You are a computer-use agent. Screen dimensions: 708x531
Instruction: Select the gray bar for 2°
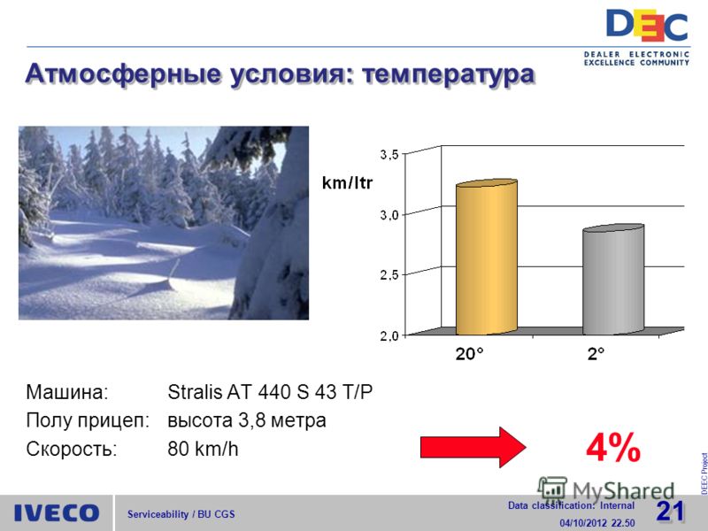(x=613, y=280)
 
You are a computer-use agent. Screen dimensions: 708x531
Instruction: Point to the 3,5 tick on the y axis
(x=389, y=155)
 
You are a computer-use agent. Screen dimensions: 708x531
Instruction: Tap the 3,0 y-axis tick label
(x=389, y=215)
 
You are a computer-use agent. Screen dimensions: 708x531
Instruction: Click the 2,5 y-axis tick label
(x=389, y=275)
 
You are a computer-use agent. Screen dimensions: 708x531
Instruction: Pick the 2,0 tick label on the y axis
(x=389, y=336)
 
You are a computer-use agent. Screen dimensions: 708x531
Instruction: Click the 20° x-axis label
(x=469, y=354)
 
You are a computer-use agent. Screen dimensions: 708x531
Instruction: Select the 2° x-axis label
(x=596, y=354)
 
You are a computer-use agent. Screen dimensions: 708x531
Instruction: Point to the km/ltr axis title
(x=347, y=183)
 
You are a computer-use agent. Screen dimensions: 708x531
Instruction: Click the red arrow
(x=473, y=447)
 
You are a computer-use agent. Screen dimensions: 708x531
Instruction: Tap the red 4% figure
(x=613, y=448)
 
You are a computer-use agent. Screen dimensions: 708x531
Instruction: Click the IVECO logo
(x=57, y=513)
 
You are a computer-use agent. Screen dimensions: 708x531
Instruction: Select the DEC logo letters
(x=647, y=26)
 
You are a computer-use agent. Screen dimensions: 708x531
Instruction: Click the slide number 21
(x=670, y=512)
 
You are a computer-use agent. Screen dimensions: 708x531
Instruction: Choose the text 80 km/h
(x=203, y=449)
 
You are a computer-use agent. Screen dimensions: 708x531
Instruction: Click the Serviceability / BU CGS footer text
(x=181, y=514)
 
